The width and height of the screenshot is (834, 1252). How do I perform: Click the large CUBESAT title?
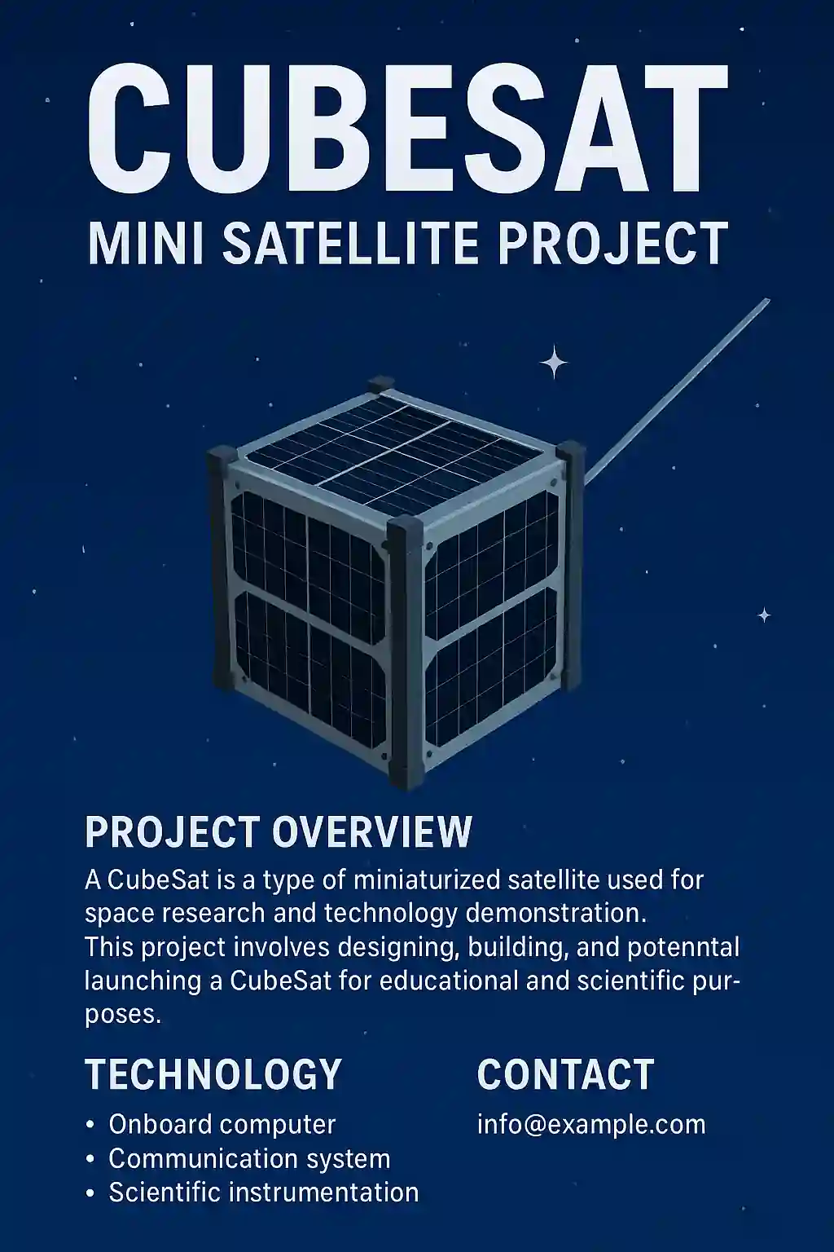click(408, 129)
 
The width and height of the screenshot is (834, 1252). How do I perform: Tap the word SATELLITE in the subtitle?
click(351, 243)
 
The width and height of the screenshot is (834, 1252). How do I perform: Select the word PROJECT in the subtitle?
click(612, 243)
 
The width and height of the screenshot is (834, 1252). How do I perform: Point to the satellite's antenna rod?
click(677, 391)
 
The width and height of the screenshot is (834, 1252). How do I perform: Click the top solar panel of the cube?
click(394, 454)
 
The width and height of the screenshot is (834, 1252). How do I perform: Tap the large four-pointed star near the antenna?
click(554, 363)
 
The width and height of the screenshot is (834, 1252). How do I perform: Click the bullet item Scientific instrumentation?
click(264, 1192)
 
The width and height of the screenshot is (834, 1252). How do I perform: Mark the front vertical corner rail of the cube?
click(406, 651)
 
